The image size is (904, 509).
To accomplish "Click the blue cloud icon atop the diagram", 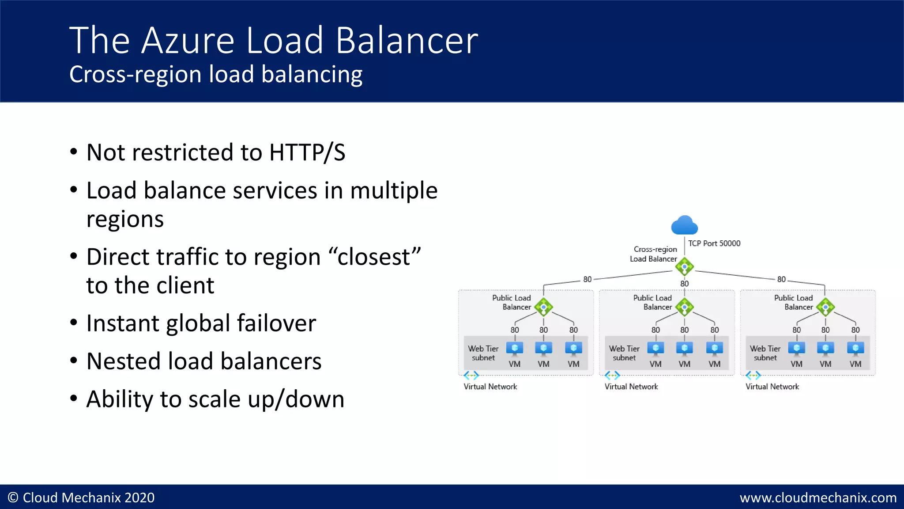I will [684, 225].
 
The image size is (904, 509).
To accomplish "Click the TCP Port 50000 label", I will [714, 243].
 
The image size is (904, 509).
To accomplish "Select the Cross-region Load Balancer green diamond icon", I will [684, 266].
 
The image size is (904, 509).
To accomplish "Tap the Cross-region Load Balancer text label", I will [654, 254].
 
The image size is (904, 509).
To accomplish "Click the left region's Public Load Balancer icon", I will [543, 307].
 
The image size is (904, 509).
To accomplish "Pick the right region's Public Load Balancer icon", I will [825, 307].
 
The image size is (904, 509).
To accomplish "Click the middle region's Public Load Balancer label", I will [653, 302].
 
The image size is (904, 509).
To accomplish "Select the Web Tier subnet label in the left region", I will [483, 353].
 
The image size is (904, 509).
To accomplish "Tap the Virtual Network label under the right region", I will [772, 387].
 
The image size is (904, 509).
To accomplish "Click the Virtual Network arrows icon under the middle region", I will [612, 376].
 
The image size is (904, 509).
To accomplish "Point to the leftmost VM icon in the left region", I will [515, 349].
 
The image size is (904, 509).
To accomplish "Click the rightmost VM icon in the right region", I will [855, 349].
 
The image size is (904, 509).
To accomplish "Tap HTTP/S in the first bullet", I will [307, 152].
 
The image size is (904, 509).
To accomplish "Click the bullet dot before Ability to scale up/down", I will [74, 399].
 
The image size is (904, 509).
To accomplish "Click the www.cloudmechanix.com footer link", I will [818, 498].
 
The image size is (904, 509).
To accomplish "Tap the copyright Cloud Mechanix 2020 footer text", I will [81, 498].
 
